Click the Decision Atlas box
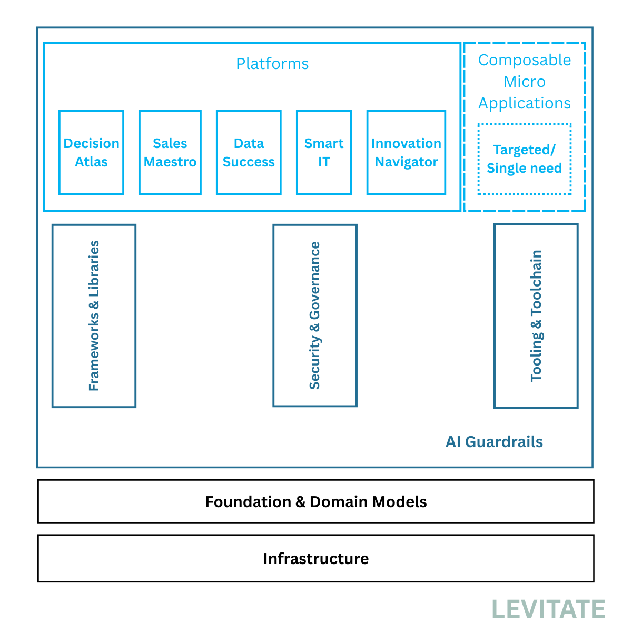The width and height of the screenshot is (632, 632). (x=91, y=153)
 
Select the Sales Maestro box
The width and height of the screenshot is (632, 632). (x=170, y=153)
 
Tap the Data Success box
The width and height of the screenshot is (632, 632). (x=249, y=153)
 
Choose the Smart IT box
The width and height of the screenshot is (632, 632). (x=324, y=153)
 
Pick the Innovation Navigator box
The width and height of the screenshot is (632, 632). (x=406, y=153)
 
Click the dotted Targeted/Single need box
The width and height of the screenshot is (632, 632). (x=525, y=159)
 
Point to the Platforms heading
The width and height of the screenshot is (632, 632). (x=272, y=64)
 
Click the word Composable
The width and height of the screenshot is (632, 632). (x=525, y=60)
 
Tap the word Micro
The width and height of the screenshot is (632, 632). (x=525, y=82)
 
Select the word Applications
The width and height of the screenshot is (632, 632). (x=525, y=103)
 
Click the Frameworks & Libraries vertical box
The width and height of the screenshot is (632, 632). (x=94, y=316)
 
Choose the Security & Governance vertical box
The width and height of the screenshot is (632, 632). (x=315, y=315)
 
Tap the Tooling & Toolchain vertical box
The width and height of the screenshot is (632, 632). (x=536, y=316)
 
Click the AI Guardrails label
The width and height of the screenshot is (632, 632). (x=494, y=441)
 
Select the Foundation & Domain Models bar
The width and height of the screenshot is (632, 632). (x=316, y=501)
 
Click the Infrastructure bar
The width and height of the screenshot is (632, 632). (x=316, y=558)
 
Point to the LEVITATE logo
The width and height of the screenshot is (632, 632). (x=548, y=609)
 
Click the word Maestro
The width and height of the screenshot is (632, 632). (x=170, y=162)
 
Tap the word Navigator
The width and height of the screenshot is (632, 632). (x=406, y=162)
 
